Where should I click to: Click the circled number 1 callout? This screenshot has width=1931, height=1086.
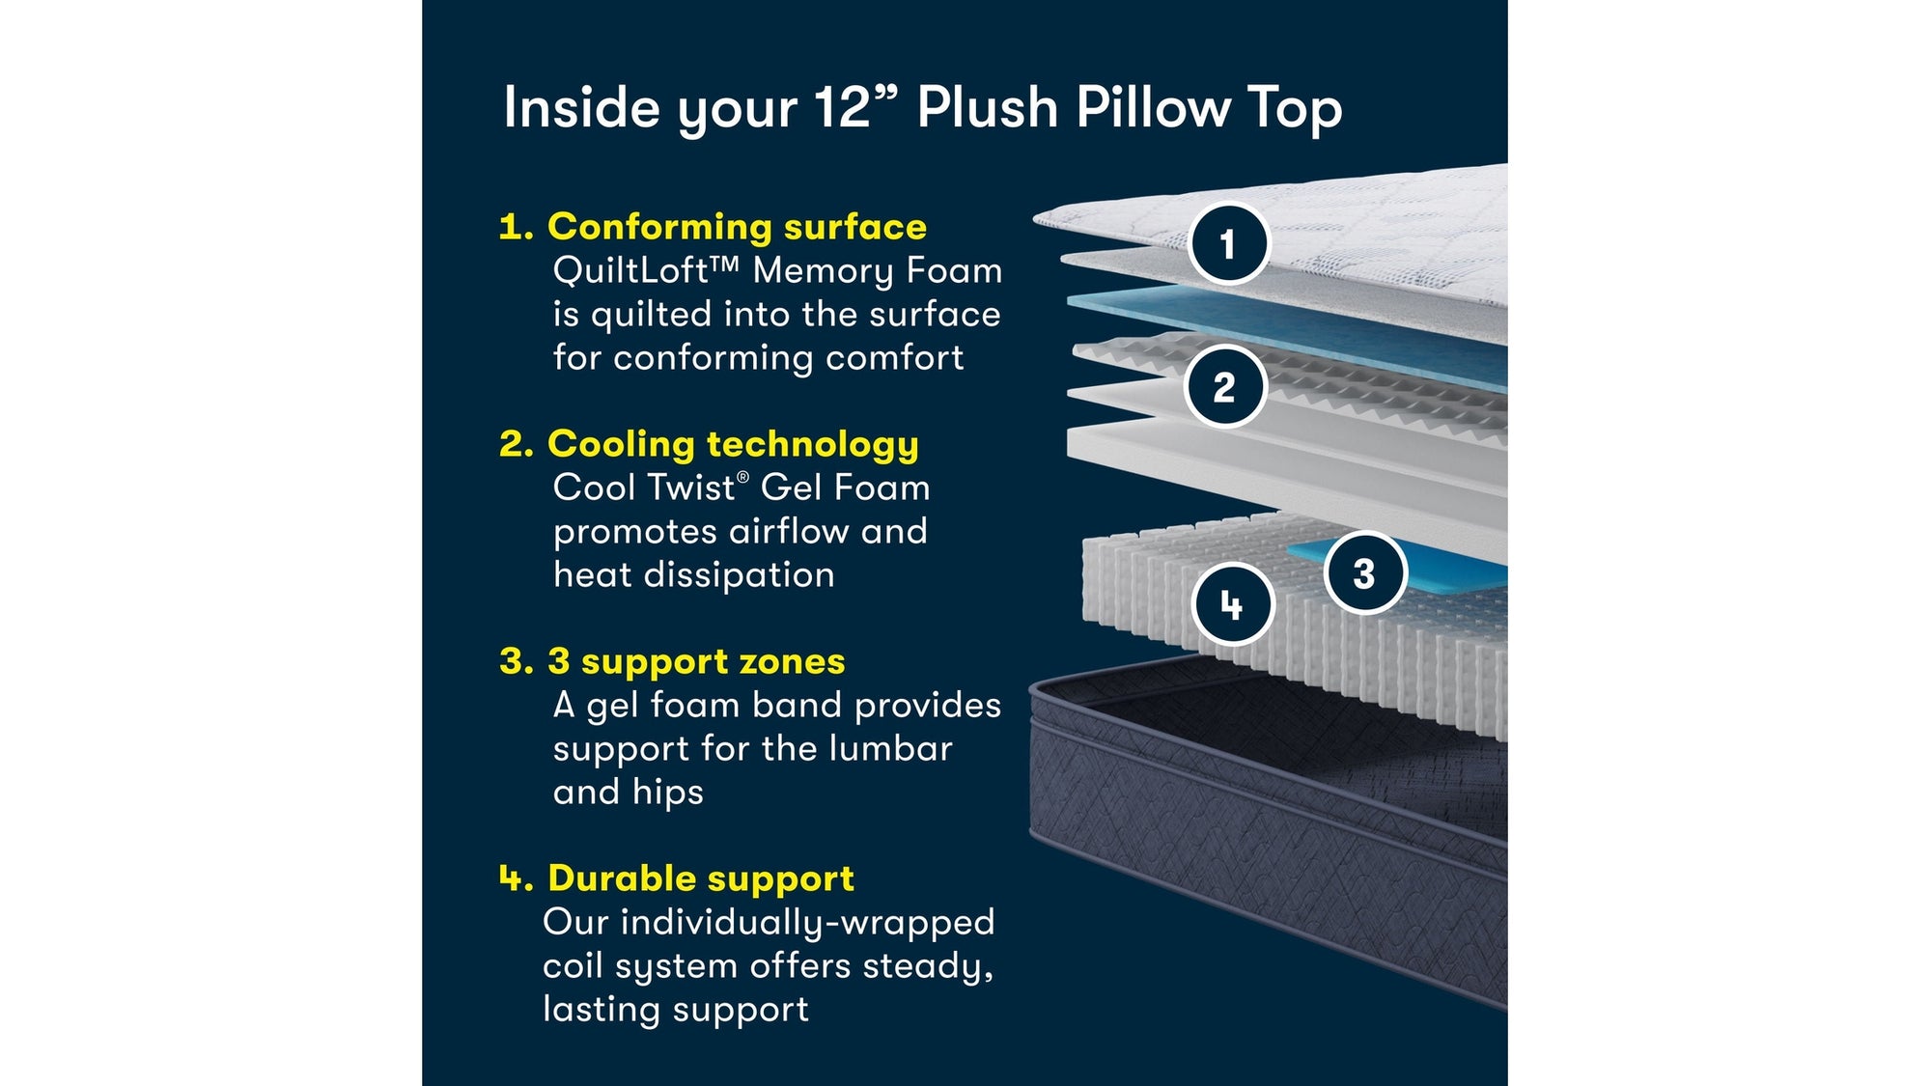pos(1228,243)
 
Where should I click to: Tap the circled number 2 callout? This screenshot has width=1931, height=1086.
pos(1224,387)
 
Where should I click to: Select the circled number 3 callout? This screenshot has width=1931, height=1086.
pos(1364,573)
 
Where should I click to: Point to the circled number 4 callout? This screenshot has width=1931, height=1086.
pos(1232,605)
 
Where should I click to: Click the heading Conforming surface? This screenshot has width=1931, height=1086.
pos(737,227)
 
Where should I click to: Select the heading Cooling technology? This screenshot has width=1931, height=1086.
pos(733,444)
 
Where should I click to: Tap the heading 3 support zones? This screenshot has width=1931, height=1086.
pos(696,661)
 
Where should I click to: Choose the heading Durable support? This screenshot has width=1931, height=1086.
pos(700,878)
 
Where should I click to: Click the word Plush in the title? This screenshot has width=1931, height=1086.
pos(987,107)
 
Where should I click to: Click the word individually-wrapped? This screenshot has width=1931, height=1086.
pos(807,923)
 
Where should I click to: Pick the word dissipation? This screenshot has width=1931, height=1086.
pos(739,575)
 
